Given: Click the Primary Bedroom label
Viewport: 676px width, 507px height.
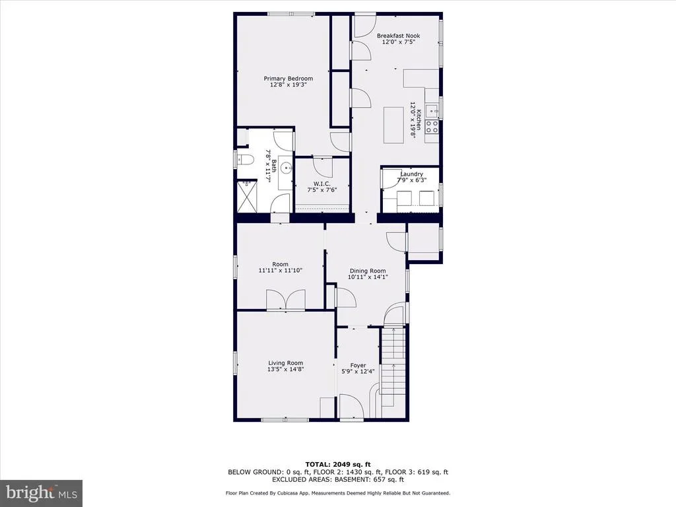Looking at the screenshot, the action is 288,79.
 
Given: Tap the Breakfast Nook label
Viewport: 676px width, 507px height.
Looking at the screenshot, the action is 398,36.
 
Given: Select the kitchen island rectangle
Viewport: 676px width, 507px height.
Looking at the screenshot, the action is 393,125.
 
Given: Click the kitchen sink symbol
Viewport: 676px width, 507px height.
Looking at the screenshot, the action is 432,111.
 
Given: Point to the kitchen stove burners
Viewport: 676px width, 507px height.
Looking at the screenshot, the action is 432,126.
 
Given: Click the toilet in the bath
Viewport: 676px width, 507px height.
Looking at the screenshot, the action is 244,160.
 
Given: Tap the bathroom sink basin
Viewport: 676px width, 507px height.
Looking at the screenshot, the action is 285,167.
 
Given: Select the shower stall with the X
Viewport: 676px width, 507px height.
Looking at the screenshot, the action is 247,197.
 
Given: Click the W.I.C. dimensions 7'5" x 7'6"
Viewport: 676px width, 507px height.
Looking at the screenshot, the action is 322,189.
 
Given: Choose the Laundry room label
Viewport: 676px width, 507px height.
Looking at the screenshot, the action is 412,174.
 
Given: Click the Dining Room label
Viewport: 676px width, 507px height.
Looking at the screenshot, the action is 368,271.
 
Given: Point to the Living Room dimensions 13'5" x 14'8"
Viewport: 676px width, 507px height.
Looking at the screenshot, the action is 286,369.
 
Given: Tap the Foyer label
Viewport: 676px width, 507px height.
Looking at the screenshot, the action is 358,365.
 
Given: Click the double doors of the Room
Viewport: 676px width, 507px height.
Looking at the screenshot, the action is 286,300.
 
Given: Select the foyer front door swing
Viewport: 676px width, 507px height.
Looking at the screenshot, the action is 352,406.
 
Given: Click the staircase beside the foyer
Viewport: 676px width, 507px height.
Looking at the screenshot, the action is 393,366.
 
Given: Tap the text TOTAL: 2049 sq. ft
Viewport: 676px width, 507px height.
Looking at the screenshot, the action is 338,464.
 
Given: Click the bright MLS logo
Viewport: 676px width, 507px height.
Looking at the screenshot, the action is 42,492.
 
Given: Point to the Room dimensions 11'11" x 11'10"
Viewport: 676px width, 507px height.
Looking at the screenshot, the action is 280,270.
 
